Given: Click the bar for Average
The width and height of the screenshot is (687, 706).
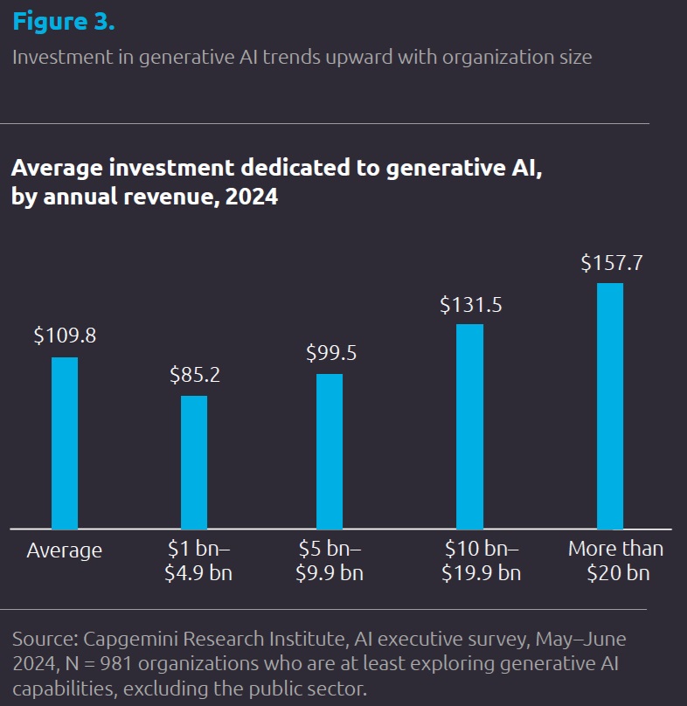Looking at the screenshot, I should pyautogui.click(x=65, y=443).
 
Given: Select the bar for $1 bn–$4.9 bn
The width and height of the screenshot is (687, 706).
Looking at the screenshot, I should pyautogui.click(x=194, y=462).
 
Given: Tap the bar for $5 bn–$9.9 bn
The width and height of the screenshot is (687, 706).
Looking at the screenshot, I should pyautogui.click(x=330, y=451).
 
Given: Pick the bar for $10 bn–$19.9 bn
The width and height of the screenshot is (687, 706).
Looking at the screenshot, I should pyautogui.click(x=469, y=426).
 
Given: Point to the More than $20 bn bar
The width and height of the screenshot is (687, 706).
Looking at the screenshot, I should pyautogui.click(x=610, y=405).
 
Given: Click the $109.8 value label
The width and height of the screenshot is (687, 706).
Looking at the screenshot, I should pyautogui.click(x=65, y=336).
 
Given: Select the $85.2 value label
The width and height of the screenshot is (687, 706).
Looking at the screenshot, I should pyautogui.click(x=194, y=375).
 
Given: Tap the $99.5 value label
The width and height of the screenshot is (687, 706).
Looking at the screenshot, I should pyautogui.click(x=330, y=353).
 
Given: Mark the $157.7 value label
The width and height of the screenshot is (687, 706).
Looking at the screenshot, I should pyautogui.click(x=611, y=262).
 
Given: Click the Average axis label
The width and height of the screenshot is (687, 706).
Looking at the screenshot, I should pyautogui.click(x=65, y=551).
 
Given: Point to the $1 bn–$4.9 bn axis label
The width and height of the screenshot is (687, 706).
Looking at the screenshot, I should pyautogui.click(x=199, y=561).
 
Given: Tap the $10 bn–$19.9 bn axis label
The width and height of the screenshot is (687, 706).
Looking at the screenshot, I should pyautogui.click(x=482, y=561).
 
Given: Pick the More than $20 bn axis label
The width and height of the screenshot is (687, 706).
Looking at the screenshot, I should pyautogui.click(x=615, y=561).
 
